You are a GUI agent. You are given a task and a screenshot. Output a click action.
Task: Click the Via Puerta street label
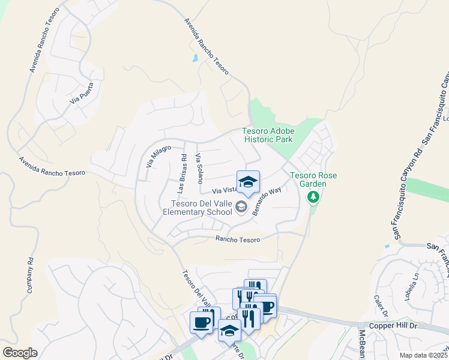point(82,93)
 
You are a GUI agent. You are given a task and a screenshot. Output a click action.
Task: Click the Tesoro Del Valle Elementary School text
point(197,208)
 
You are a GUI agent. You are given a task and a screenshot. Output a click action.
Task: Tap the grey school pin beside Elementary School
point(241,208)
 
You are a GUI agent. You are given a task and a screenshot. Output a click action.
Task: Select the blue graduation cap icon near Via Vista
point(248,182)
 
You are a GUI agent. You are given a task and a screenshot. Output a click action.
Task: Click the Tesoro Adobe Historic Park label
point(267,135)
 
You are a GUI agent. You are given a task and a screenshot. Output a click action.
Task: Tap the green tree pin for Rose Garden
point(312,197)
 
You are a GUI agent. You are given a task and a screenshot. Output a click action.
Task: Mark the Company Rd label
point(29,276)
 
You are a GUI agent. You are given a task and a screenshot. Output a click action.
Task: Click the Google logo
point(20,353)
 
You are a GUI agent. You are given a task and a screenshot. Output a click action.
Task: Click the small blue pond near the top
point(194,59)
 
